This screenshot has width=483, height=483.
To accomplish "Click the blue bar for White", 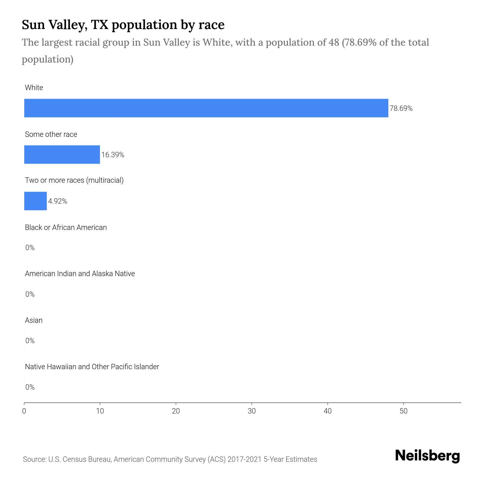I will pos(206,108).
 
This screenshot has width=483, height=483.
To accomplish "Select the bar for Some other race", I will pos(62,155).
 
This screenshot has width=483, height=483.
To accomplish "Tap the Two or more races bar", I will pos(35,201).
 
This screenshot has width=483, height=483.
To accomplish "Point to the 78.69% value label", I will pos(401,108).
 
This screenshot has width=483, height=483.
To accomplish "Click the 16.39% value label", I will pos(113,155).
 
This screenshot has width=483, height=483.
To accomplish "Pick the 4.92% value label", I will pos(57,201).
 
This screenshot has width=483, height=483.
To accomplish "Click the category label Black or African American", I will pos(66,228).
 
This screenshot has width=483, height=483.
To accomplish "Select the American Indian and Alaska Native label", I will pos(80,274).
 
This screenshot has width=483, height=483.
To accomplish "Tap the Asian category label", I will pos(34,320).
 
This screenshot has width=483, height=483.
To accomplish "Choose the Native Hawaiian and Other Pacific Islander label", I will pos(92,367).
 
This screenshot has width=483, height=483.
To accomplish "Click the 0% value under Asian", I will pos(30,341).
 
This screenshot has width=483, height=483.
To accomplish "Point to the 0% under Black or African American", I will pos(30,248).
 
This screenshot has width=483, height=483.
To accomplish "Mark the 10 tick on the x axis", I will pos(100,411).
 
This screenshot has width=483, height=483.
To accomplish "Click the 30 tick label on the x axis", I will pos(252,411).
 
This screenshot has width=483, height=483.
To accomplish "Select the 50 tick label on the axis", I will pos(404,411).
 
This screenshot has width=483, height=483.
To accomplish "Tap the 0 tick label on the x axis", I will pos(24,411).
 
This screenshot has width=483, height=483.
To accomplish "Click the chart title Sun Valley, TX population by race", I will pos(123,25).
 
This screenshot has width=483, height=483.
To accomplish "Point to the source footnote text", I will pos(170,459).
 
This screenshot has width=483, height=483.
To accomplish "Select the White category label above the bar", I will pos(34,88).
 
